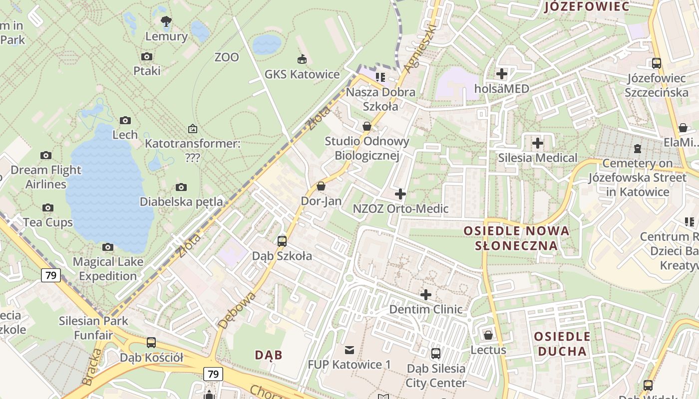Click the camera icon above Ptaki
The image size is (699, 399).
pyautogui.click(x=147, y=56)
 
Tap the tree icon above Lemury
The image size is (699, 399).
pyautogui.click(x=166, y=21)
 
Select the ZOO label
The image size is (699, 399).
pyautogui.click(x=227, y=57)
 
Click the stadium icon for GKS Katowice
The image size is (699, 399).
pyautogui.click(x=302, y=60)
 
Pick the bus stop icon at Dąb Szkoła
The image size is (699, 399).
pyautogui.click(x=282, y=241)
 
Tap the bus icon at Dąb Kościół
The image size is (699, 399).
pyautogui.click(x=151, y=343)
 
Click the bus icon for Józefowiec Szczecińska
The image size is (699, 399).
pyautogui.click(x=656, y=63)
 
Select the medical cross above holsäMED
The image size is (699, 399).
pyautogui.click(x=501, y=74)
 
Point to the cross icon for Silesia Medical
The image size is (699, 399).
pyautogui.click(x=537, y=144)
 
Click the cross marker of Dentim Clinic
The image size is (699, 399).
pyautogui.click(x=425, y=295)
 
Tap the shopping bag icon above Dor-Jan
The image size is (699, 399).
pyautogui.click(x=321, y=186)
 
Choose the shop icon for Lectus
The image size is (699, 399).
pyautogui.click(x=488, y=335)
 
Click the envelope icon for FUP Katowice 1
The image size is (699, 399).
pyautogui.click(x=349, y=350)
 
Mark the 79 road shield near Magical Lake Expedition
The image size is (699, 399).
pyautogui.click(x=51, y=275)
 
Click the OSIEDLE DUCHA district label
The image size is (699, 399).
pyautogui.click(x=562, y=344)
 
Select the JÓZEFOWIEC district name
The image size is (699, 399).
pyautogui.click(x=587, y=6)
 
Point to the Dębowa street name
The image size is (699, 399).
pyautogui.click(x=237, y=310)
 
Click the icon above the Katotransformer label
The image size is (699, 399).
pyautogui.click(x=192, y=129)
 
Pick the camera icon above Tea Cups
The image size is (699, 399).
pyautogui.click(x=48, y=207)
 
